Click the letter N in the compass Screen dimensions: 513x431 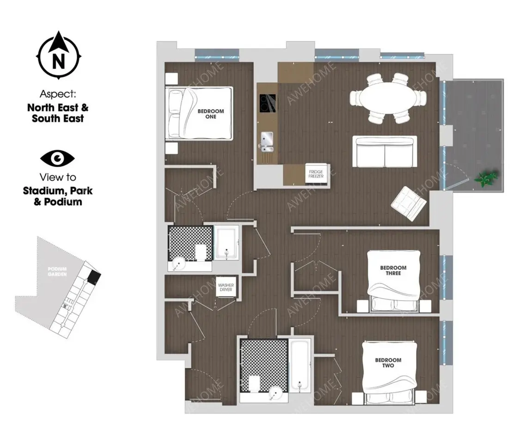(59, 61)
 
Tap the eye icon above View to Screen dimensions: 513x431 (58, 159)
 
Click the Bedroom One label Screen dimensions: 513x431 (211, 114)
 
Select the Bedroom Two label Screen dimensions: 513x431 (388, 363)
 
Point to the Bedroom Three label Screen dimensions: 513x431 (393, 271)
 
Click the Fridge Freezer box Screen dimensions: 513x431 (316, 174)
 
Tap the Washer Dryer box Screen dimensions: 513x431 (226, 287)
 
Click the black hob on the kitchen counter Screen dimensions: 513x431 (268, 103)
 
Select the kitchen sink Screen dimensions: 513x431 (267, 142)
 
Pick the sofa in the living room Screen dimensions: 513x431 (385, 152)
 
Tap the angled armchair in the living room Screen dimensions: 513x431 (409, 203)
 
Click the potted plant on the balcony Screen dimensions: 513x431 (487, 179)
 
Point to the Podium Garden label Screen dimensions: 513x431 (57, 271)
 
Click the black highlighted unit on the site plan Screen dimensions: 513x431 (94, 277)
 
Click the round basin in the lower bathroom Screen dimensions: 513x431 (275, 394)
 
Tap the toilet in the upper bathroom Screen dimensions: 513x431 (200, 252)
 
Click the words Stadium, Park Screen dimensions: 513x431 (58, 191)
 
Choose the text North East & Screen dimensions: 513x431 (58, 107)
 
